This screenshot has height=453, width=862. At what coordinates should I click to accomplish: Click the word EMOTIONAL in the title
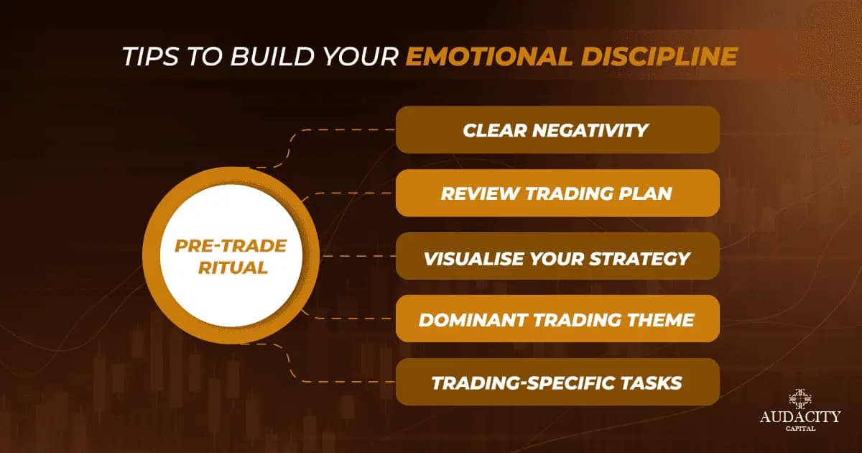489,56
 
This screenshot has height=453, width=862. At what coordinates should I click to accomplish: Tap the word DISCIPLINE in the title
659,56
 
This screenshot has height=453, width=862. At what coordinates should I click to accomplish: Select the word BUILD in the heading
272,56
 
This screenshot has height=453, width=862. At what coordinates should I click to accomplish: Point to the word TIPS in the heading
150,56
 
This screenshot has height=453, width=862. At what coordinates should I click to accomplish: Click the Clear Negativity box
557,130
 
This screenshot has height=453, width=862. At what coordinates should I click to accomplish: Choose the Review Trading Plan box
557,193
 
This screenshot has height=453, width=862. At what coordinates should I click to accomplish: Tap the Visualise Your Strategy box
557,256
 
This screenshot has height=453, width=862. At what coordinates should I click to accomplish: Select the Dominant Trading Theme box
557,319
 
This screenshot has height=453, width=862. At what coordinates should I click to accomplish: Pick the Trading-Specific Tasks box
557,382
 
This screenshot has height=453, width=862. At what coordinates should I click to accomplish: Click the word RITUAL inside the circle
233,267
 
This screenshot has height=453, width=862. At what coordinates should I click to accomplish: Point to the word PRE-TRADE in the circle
231,246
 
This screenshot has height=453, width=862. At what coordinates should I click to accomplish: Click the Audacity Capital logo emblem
800,399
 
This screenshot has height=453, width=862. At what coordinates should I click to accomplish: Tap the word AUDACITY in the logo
800,417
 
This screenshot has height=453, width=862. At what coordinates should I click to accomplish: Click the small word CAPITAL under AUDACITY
800,429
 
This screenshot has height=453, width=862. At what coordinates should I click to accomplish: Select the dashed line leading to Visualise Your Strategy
359,256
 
